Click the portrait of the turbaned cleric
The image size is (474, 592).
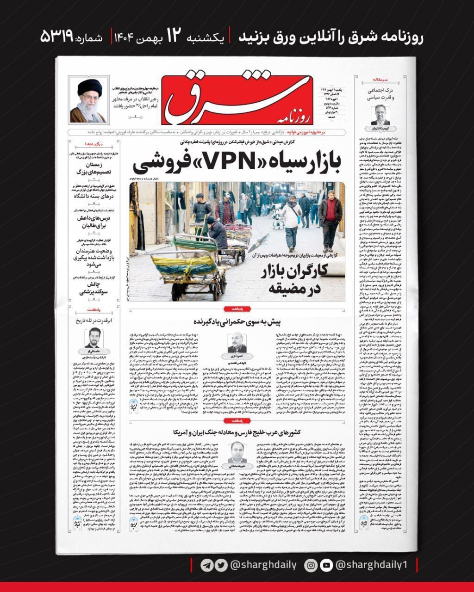[88, 100]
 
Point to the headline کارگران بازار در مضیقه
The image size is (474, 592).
[293, 277]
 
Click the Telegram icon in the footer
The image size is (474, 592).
[206, 565]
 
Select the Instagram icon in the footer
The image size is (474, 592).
[312, 565]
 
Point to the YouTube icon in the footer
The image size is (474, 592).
[326, 565]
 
